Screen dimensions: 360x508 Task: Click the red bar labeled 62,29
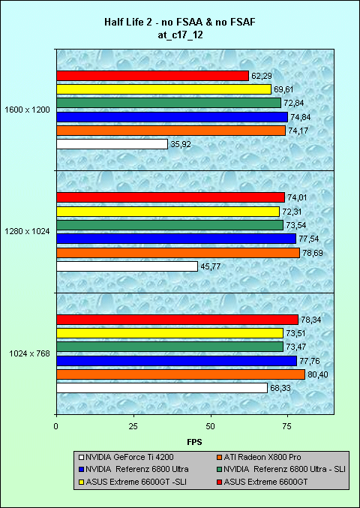(152, 76)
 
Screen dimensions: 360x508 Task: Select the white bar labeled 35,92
(112, 144)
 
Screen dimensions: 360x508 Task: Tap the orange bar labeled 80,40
(181, 374)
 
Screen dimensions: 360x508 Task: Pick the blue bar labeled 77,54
(176, 239)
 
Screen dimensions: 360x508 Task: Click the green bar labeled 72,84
(169, 103)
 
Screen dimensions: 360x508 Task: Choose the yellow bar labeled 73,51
(170, 333)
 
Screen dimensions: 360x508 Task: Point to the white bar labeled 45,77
(127, 266)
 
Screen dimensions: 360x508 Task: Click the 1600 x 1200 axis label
(28, 110)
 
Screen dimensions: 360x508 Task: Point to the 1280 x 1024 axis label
(28, 232)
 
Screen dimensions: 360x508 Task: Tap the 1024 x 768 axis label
(30, 353)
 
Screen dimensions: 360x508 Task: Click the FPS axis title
(194, 441)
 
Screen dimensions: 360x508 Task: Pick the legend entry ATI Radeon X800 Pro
(259, 458)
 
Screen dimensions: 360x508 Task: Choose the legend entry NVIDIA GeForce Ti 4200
(127, 458)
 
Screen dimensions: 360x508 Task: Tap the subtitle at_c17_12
(179, 35)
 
